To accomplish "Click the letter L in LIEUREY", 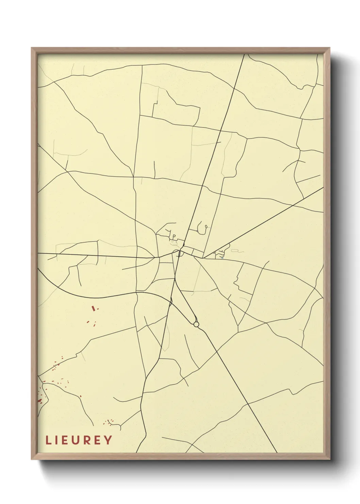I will coord(48,440).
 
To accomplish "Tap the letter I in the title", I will coord(58,440).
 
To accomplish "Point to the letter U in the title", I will coord(78,440).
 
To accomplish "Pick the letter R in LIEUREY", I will coord(89,440).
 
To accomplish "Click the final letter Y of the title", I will coord(108,440).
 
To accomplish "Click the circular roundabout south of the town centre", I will coord(196,324).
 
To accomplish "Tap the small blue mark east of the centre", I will coord(222,258).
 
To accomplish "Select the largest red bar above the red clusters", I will coord(93,308).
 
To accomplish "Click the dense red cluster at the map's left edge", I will coord(40,400).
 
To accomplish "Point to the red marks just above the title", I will coord(110,422).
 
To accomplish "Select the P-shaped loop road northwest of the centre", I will coord(174,236).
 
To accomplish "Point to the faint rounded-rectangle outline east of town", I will coord(234,251).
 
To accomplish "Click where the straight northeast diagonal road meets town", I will coord(204,257).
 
